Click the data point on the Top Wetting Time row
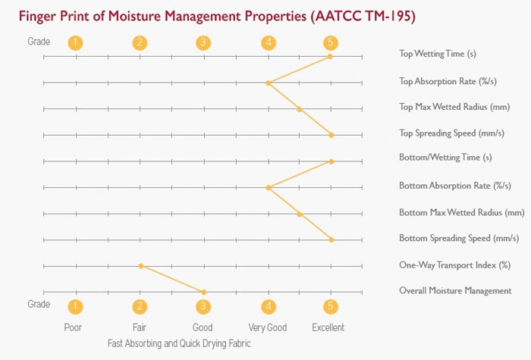331,56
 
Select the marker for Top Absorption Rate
268,83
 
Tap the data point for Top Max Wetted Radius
300,109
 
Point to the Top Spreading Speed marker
331,135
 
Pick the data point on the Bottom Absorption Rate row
268,187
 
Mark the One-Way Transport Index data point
140,266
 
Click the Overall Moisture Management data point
204,292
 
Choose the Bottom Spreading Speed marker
331,239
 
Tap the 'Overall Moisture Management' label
455,291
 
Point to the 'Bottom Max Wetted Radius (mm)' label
461,212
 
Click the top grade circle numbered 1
74,42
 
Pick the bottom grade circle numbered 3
203,307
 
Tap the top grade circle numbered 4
269,42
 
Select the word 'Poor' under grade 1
73,328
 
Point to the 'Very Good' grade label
268,328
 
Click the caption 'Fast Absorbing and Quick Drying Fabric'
179,343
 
